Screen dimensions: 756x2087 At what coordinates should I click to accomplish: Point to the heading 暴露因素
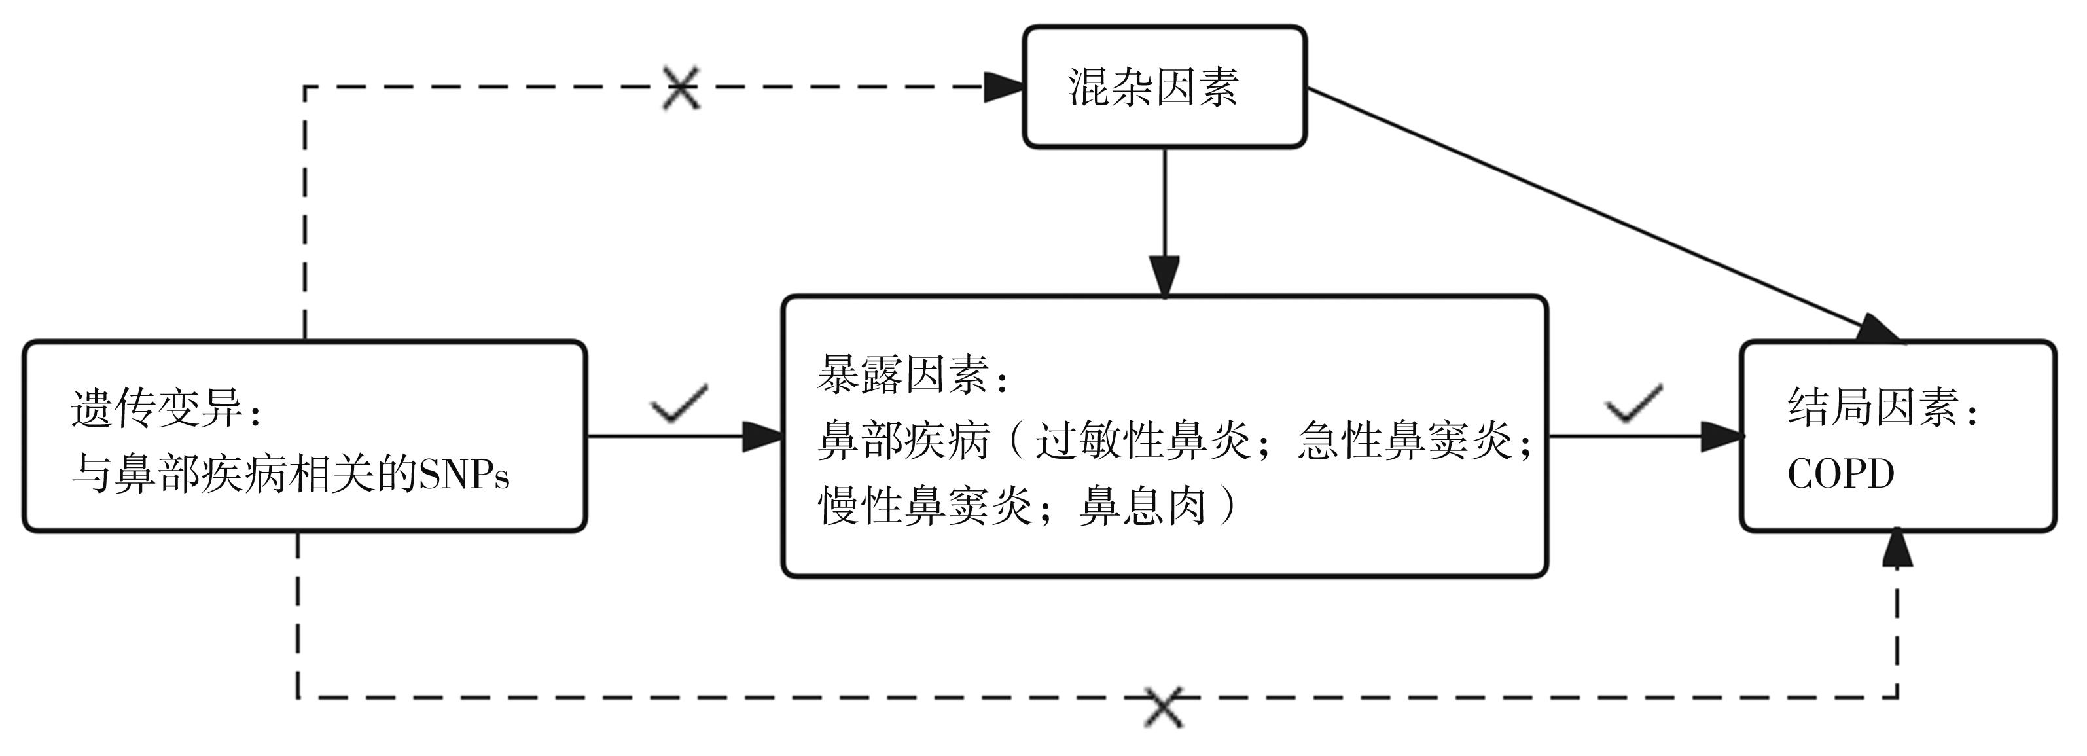click(x=902, y=375)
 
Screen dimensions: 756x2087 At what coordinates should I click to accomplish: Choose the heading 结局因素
click(x=1872, y=408)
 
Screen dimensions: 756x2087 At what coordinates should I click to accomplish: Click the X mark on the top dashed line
click(x=681, y=88)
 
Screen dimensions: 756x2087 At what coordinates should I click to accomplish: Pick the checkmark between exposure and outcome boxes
click(x=1633, y=403)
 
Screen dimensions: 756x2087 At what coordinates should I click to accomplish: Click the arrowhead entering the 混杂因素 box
click(x=1003, y=86)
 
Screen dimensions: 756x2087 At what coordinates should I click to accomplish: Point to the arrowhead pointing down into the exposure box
click(x=1164, y=276)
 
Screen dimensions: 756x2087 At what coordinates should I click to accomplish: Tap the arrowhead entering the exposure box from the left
click(x=762, y=437)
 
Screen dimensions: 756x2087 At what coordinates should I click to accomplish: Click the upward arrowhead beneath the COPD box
click(x=1897, y=549)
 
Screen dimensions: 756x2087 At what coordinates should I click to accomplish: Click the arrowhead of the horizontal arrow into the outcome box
click(x=1720, y=437)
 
